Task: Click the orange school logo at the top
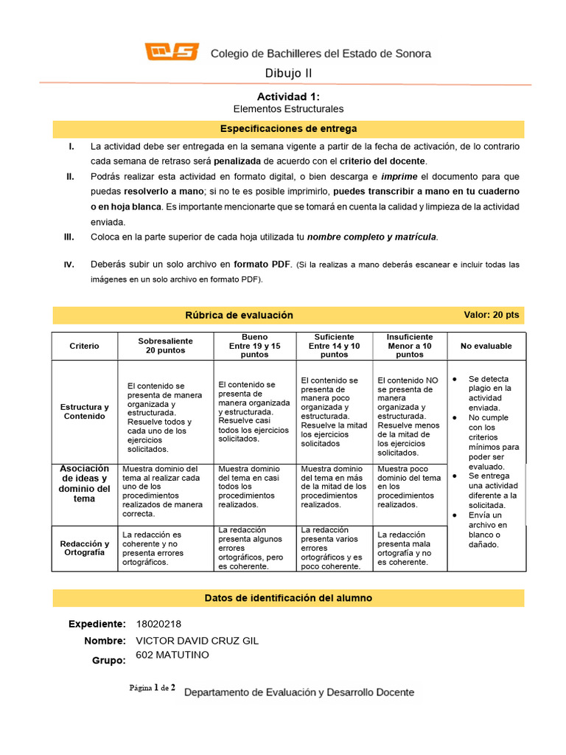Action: tap(172, 52)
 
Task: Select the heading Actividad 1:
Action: tap(288, 97)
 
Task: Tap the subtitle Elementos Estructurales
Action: tap(288, 109)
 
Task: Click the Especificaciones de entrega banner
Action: tap(288, 129)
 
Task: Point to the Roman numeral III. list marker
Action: tap(70, 237)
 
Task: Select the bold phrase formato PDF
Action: tap(262, 264)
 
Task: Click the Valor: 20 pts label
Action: tap(491, 315)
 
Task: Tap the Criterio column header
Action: tap(84, 346)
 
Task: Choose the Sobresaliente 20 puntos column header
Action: tap(165, 346)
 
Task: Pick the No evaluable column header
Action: tap(486, 346)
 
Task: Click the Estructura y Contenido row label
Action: tap(84, 411)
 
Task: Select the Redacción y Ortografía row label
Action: tap(84, 548)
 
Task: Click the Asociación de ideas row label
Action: tap(84, 484)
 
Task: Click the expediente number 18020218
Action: tap(159, 624)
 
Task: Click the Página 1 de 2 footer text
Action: tap(152, 688)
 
